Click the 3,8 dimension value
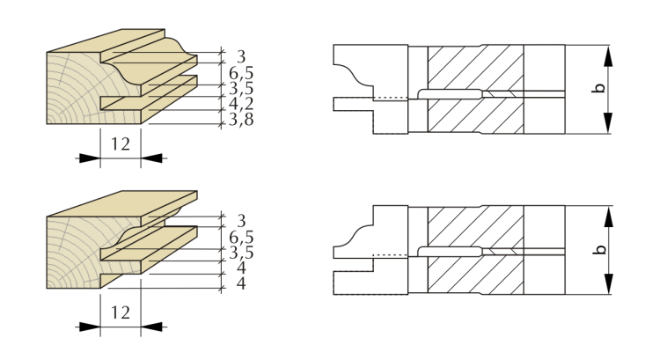[x=241, y=120]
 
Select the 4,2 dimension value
[x=241, y=104]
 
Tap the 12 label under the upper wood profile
[x=120, y=144]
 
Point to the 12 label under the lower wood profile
[x=120, y=312]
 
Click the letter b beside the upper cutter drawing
[x=600, y=88]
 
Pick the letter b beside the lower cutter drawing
[x=600, y=249]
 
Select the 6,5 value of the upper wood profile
[x=241, y=73]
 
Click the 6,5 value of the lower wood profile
[x=241, y=237]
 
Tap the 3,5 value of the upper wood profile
[x=241, y=88]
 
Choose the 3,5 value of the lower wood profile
[x=241, y=253]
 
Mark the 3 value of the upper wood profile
[x=241, y=56]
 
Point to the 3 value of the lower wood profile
[x=241, y=221]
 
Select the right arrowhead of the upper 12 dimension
[x=151, y=158]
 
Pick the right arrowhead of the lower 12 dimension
[x=151, y=327]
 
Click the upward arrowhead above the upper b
[x=608, y=55]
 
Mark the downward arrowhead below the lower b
[x=608, y=283]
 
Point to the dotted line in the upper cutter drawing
[x=391, y=98]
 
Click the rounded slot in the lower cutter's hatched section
[x=450, y=252]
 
